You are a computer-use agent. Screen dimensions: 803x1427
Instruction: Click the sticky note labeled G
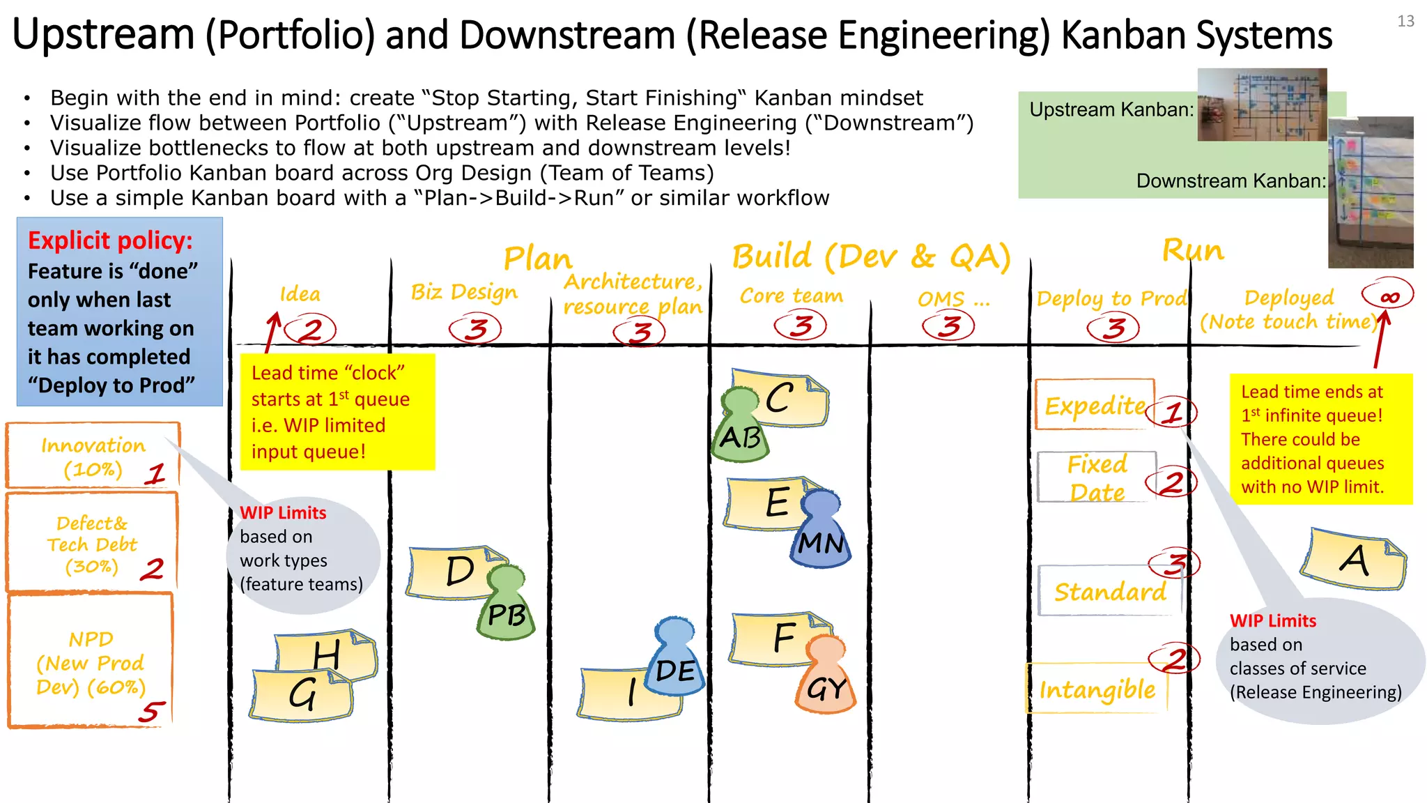[301, 694]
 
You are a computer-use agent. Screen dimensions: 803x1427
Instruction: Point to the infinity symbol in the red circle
[1389, 296]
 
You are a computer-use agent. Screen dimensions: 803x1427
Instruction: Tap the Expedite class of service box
[1095, 405]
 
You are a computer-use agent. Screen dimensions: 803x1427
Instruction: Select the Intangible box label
[1097, 689]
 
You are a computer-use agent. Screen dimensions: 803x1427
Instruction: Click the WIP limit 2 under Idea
[310, 329]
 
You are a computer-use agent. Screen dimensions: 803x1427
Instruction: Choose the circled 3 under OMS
[948, 326]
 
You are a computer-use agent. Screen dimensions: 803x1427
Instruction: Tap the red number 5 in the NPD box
[151, 712]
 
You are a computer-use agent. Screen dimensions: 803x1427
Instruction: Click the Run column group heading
[1192, 250]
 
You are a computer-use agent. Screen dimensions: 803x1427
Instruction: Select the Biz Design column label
[464, 292]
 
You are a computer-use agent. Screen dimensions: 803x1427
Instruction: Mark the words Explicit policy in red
[110, 240]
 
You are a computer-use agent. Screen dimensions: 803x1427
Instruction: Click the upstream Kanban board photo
[1261, 105]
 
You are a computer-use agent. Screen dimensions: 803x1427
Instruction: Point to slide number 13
[1405, 21]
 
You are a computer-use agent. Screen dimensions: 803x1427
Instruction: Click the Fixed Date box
[1097, 478]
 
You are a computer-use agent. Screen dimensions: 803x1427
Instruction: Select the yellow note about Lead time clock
[338, 412]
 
